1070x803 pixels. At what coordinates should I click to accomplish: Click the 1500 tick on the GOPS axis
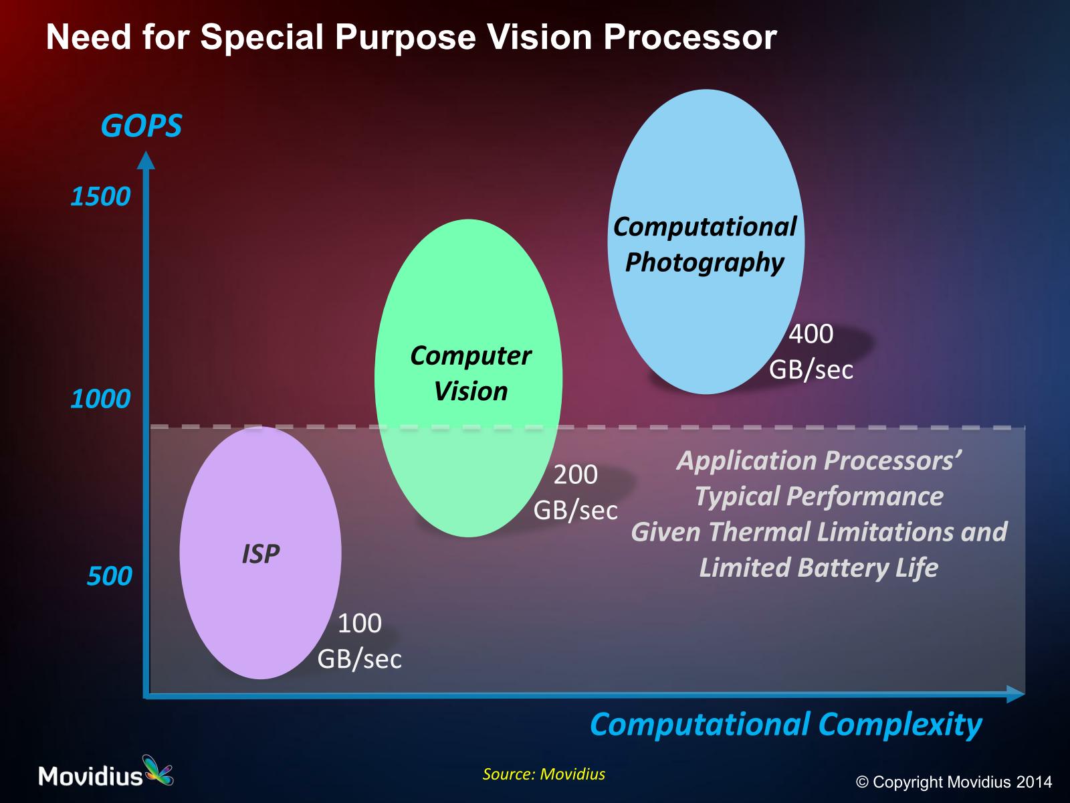pyautogui.click(x=100, y=197)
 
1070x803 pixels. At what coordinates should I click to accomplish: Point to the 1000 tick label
pyautogui.click(x=100, y=399)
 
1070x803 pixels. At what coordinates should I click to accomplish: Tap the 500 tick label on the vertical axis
pyautogui.click(x=109, y=575)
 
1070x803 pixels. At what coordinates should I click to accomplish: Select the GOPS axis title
pyautogui.click(x=141, y=126)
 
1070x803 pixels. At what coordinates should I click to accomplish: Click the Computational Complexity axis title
pyautogui.click(x=786, y=725)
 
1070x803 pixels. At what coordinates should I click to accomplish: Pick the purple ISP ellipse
pyautogui.click(x=260, y=553)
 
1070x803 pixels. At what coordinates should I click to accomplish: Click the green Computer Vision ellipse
pyautogui.click(x=469, y=378)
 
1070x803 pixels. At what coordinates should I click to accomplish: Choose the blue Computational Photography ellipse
pyautogui.click(x=706, y=242)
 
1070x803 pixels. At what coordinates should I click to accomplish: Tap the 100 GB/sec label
pyautogui.click(x=360, y=640)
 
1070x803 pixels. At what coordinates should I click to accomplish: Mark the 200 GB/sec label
pyautogui.click(x=576, y=492)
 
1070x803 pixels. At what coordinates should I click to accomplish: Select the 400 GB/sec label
pyautogui.click(x=811, y=351)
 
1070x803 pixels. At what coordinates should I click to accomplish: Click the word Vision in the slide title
pyautogui.click(x=540, y=37)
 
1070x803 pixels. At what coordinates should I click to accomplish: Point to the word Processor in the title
pyautogui.click(x=690, y=37)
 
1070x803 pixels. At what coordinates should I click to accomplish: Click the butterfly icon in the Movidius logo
pyautogui.click(x=157, y=770)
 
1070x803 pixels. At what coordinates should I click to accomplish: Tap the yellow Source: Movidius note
pyautogui.click(x=544, y=774)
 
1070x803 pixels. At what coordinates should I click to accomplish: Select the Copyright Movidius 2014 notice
pyautogui.click(x=954, y=782)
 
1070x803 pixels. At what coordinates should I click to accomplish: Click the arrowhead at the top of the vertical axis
pyautogui.click(x=146, y=161)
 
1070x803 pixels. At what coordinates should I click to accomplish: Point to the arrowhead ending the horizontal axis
pyautogui.click(x=1016, y=694)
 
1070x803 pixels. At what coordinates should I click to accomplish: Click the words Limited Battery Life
pyautogui.click(x=819, y=567)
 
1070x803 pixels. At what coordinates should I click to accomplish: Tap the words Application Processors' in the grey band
pyautogui.click(x=819, y=461)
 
